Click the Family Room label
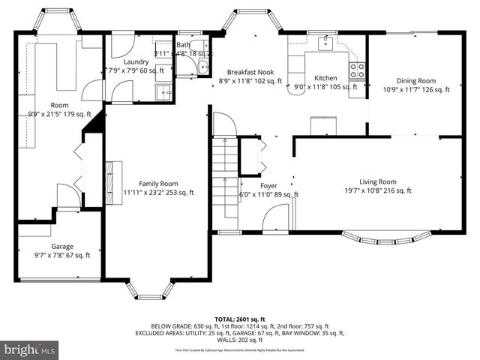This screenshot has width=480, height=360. coord(158,184)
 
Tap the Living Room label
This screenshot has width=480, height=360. coord(377,181)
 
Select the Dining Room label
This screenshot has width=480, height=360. coord(416,80)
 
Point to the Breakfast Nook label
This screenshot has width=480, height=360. coord(250,72)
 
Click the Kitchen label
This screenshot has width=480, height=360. coord(325,78)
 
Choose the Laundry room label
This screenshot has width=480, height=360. coord(136,61)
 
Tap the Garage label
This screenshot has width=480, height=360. coord(62,246)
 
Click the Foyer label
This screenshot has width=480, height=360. coord(268,185)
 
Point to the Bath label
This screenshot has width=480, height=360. coord(183,45)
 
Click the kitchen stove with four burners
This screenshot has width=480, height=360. coord(357,70)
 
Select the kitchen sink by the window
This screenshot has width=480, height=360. coord(325,43)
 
